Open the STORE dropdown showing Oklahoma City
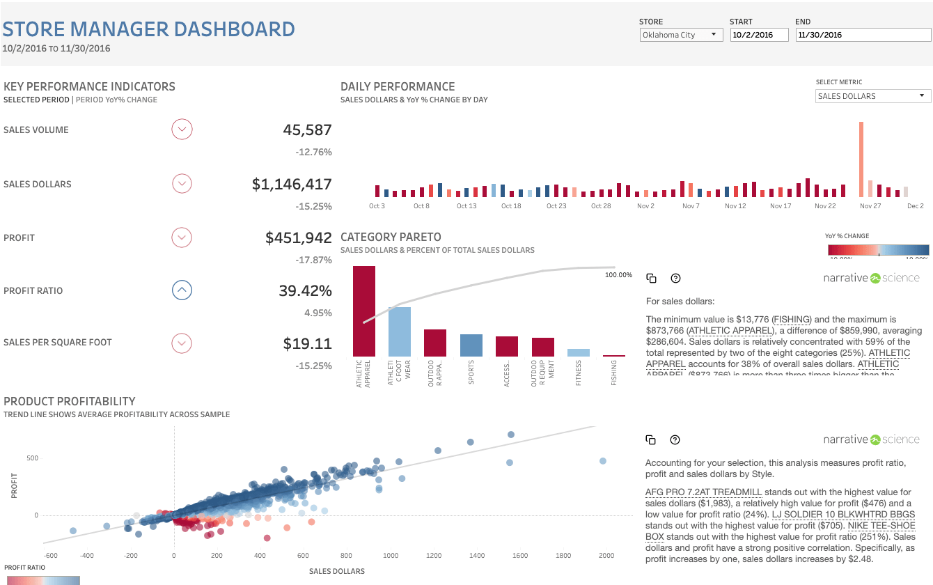[x=681, y=35]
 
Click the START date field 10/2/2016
[x=759, y=35]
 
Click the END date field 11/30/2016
[x=863, y=35]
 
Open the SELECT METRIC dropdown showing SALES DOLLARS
[x=873, y=96]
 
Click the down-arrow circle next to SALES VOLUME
[x=182, y=130]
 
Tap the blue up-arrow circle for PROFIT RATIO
[x=182, y=290]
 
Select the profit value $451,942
[x=298, y=238]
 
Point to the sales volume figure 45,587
[x=307, y=130]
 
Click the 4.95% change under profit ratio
[x=317, y=313]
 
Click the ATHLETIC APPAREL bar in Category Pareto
[x=364, y=311]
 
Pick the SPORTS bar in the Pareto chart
[x=471, y=345]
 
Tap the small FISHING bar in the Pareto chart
[x=614, y=356]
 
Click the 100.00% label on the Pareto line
[x=618, y=275]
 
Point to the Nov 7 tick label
[x=691, y=206]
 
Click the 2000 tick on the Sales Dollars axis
[x=606, y=556]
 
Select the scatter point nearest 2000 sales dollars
[x=603, y=461]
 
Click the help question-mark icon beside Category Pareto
[x=675, y=279]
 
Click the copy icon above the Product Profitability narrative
[x=651, y=440]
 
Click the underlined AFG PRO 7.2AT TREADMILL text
[x=704, y=492]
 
